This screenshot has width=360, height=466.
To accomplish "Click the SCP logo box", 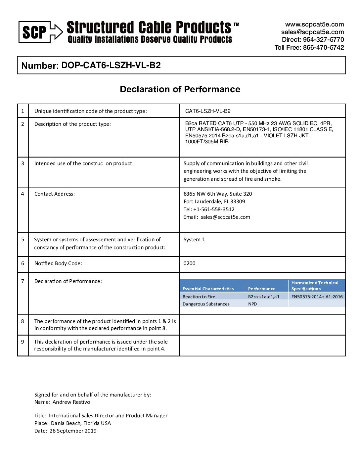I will coord(35,32).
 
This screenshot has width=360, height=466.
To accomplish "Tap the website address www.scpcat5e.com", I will coord(314,24).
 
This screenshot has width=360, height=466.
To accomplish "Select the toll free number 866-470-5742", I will coord(323,47).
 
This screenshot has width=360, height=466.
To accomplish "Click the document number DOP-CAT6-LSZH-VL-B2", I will coord(111,65).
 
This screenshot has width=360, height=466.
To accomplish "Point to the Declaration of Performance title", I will coord(180,89).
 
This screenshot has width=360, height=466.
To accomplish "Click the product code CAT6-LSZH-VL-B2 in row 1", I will coord(208,111).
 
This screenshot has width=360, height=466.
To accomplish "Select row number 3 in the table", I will coord(22,163).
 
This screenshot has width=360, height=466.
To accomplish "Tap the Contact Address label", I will coord(55,194).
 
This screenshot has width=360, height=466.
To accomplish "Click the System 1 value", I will coord(194,240).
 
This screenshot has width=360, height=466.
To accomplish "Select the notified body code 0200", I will coord(189,263).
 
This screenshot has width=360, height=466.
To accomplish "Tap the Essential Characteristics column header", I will coord(208,289).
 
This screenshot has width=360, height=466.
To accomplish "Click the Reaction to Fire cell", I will coord(199,297).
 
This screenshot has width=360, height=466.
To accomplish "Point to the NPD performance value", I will coord(252,304).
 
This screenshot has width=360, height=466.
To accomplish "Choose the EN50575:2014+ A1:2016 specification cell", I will coord(317,297).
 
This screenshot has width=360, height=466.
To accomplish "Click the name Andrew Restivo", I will coord(71,402).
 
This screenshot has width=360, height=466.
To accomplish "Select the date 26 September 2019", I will coord(73,431).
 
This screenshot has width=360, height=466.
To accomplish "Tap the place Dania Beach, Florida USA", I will coord(81,423).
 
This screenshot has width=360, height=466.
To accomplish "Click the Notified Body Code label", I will coord(58,263).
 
